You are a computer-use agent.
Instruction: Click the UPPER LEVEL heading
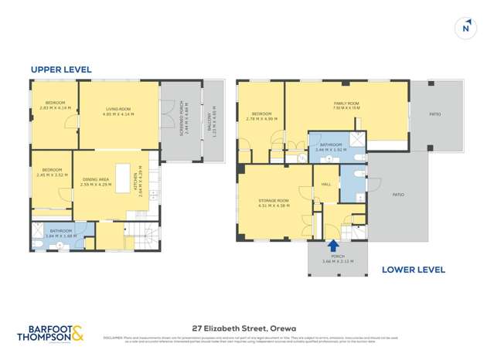(61, 70)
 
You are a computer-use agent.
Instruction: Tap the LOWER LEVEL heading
(414, 270)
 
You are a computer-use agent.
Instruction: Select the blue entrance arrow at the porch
(333, 246)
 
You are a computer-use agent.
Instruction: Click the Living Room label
(119, 111)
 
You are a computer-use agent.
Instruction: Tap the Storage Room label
(274, 203)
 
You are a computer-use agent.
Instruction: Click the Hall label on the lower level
(326, 184)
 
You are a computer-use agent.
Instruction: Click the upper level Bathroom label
(60, 232)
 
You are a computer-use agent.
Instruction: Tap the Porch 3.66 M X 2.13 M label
(337, 260)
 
